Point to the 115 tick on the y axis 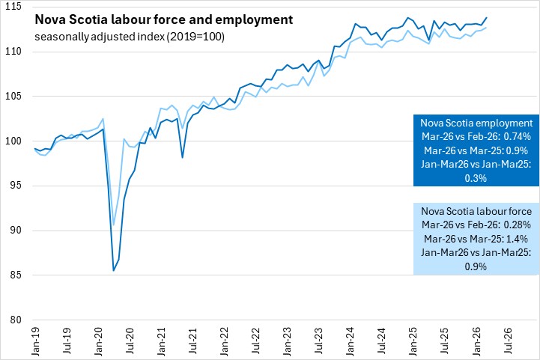click(15, 7)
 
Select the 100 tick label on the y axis click(15, 141)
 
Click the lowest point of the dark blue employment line click(113, 271)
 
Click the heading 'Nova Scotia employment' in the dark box click(476, 123)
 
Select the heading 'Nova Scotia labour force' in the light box click(476, 211)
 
